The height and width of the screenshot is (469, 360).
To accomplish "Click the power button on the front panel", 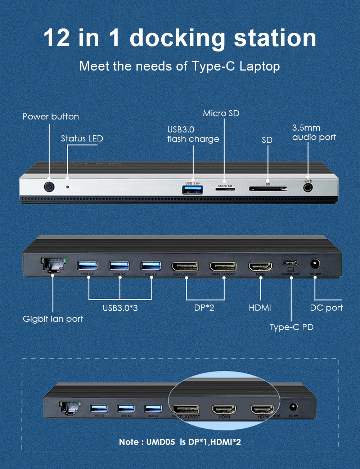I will click(x=49, y=187).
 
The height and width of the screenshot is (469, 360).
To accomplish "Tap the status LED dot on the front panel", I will click(x=67, y=187).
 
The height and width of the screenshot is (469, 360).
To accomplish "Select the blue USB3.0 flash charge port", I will click(x=193, y=189).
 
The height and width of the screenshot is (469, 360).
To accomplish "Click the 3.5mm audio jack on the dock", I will click(x=308, y=188).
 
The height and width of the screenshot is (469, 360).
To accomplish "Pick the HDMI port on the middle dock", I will click(x=260, y=267).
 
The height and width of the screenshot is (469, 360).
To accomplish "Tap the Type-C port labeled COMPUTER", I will click(x=291, y=263).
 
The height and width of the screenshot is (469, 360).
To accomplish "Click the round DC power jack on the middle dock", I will click(x=315, y=264).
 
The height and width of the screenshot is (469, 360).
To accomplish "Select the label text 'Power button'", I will click(x=51, y=117).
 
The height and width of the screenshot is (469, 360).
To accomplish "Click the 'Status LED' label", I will click(x=82, y=139).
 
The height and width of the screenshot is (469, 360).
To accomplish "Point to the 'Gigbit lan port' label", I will click(x=53, y=319).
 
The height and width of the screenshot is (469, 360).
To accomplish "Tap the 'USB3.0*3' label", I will click(x=120, y=308).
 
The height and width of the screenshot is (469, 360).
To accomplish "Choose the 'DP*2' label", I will click(x=204, y=308).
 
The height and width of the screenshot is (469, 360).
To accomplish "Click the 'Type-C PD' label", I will click(x=292, y=327).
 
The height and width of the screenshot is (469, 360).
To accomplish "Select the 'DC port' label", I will click(x=326, y=308).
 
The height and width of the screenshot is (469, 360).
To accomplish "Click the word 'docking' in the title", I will click(x=177, y=38).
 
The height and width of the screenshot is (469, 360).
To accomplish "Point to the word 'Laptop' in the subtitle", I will click(x=260, y=66).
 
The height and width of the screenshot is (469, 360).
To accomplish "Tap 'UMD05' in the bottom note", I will click(x=161, y=442).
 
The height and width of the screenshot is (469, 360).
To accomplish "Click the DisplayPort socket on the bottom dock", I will click(x=186, y=409).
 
